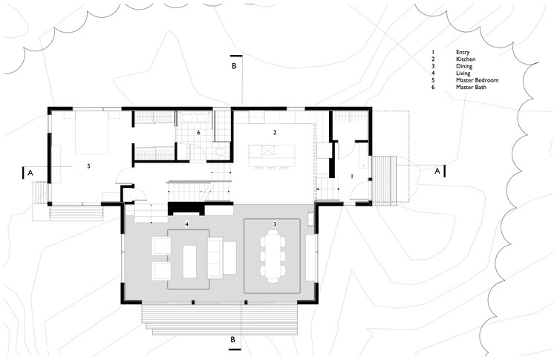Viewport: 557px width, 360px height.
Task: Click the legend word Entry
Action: point(463,52)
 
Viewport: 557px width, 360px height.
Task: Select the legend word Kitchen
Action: point(466,59)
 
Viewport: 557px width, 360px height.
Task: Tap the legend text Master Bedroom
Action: point(477,80)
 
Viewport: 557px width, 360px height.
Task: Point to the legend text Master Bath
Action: point(471,87)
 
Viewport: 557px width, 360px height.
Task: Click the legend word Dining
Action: point(464,66)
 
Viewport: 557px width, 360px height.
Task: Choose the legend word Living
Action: point(463,73)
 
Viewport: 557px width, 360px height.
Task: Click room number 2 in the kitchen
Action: point(275,132)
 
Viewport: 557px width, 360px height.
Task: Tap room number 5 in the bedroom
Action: point(89,166)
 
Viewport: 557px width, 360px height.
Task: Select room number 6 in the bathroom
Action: point(198,132)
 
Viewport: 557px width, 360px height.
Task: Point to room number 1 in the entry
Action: point(352,176)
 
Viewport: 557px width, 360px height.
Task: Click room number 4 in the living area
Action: point(186,224)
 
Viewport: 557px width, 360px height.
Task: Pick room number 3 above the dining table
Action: point(275,224)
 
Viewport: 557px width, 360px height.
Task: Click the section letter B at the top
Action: point(234,66)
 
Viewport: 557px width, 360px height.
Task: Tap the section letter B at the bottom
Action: point(233,340)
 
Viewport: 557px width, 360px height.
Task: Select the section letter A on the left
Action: point(30,173)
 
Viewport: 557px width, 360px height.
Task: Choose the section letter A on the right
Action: point(437,171)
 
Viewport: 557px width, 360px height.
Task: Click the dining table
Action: point(273,256)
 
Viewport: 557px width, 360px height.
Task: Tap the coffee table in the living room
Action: point(189,261)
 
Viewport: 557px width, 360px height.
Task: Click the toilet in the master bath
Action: point(221,151)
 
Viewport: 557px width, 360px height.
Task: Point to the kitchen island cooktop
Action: point(268,150)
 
